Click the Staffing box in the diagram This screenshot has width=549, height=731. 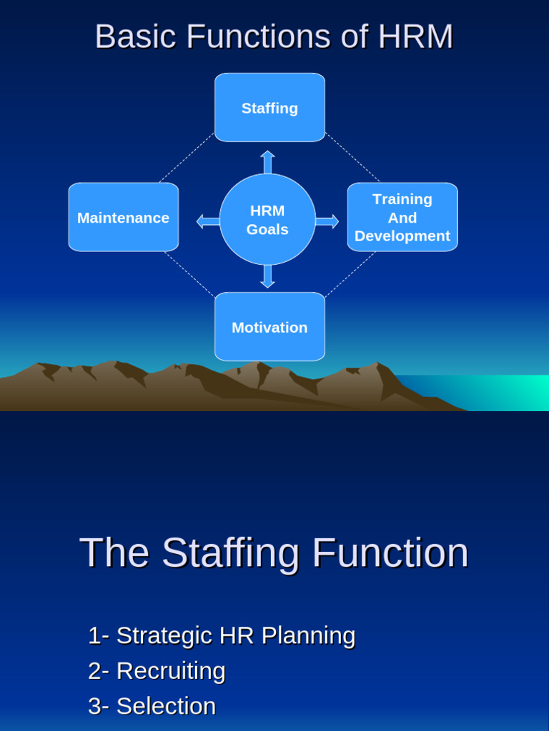pyautogui.click(x=269, y=108)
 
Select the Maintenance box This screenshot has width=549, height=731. pyautogui.click(x=123, y=217)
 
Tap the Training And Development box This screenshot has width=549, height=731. pyautogui.click(x=402, y=217)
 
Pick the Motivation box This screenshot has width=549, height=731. pyautogui.click(x=269, y=327)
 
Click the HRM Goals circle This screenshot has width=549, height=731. pyautogui.click(x=267, y=219)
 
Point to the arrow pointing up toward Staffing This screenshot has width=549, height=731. pyautogui.click(x=267, y=162)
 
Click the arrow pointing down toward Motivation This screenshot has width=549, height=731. pyautogui.click(x=267, y=276)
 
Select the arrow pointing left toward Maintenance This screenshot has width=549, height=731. pyautogui.click(x=208, y=221)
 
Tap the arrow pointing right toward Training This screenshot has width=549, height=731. pyautogui.click(x=327, y=221)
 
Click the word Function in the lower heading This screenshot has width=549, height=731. pyautogui.click(x=390, y=553)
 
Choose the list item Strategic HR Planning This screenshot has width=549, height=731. pyautogui.click(x=222, y=635)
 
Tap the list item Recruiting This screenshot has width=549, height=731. pyautogui.click(x=157, y=671)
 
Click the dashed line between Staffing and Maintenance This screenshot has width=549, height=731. pyautogui.click(x=186, y=158)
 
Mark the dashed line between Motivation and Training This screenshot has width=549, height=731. pyautogui.click(x=350, y=274)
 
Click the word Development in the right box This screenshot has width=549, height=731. pyautogui.click(x=402, y=236)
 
